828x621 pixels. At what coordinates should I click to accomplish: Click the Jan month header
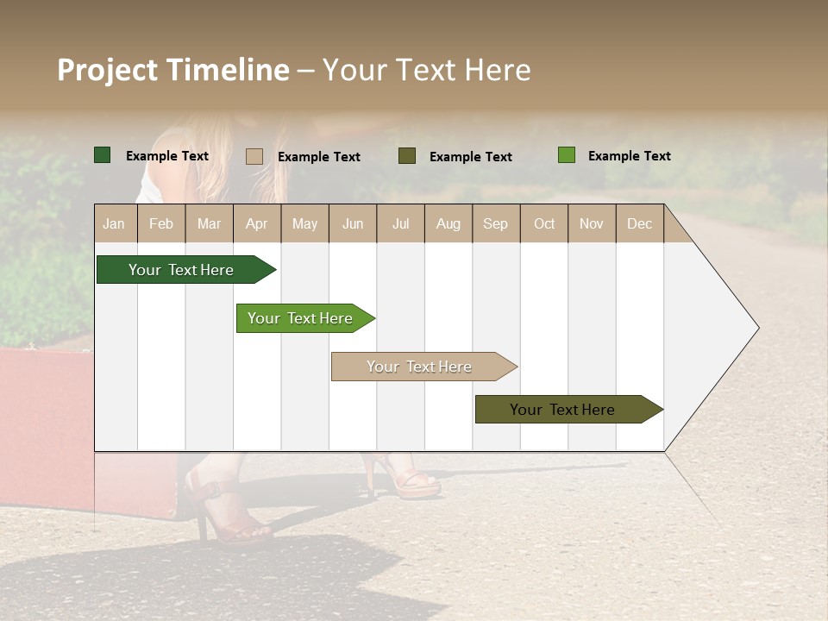pos(114,223)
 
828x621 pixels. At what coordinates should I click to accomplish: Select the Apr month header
pos(256,223)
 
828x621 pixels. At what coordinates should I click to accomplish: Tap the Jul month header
pos(400,223)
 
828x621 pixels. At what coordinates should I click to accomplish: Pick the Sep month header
pos(495,223)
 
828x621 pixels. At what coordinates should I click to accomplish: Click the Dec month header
pos(639,223)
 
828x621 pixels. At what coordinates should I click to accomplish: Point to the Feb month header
pos(161,223)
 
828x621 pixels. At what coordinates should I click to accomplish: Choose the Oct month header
pos(544,223)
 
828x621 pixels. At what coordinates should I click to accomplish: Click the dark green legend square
pos(103,155)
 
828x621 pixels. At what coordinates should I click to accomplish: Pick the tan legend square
pos(254,156)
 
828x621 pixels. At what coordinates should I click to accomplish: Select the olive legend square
pos(407,156)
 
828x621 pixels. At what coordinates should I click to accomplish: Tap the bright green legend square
pos(567,155)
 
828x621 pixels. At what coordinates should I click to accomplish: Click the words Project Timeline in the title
pos(172,70)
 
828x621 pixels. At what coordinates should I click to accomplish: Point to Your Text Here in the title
pos(427,70)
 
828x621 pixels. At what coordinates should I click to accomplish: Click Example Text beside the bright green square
pos(629,156)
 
